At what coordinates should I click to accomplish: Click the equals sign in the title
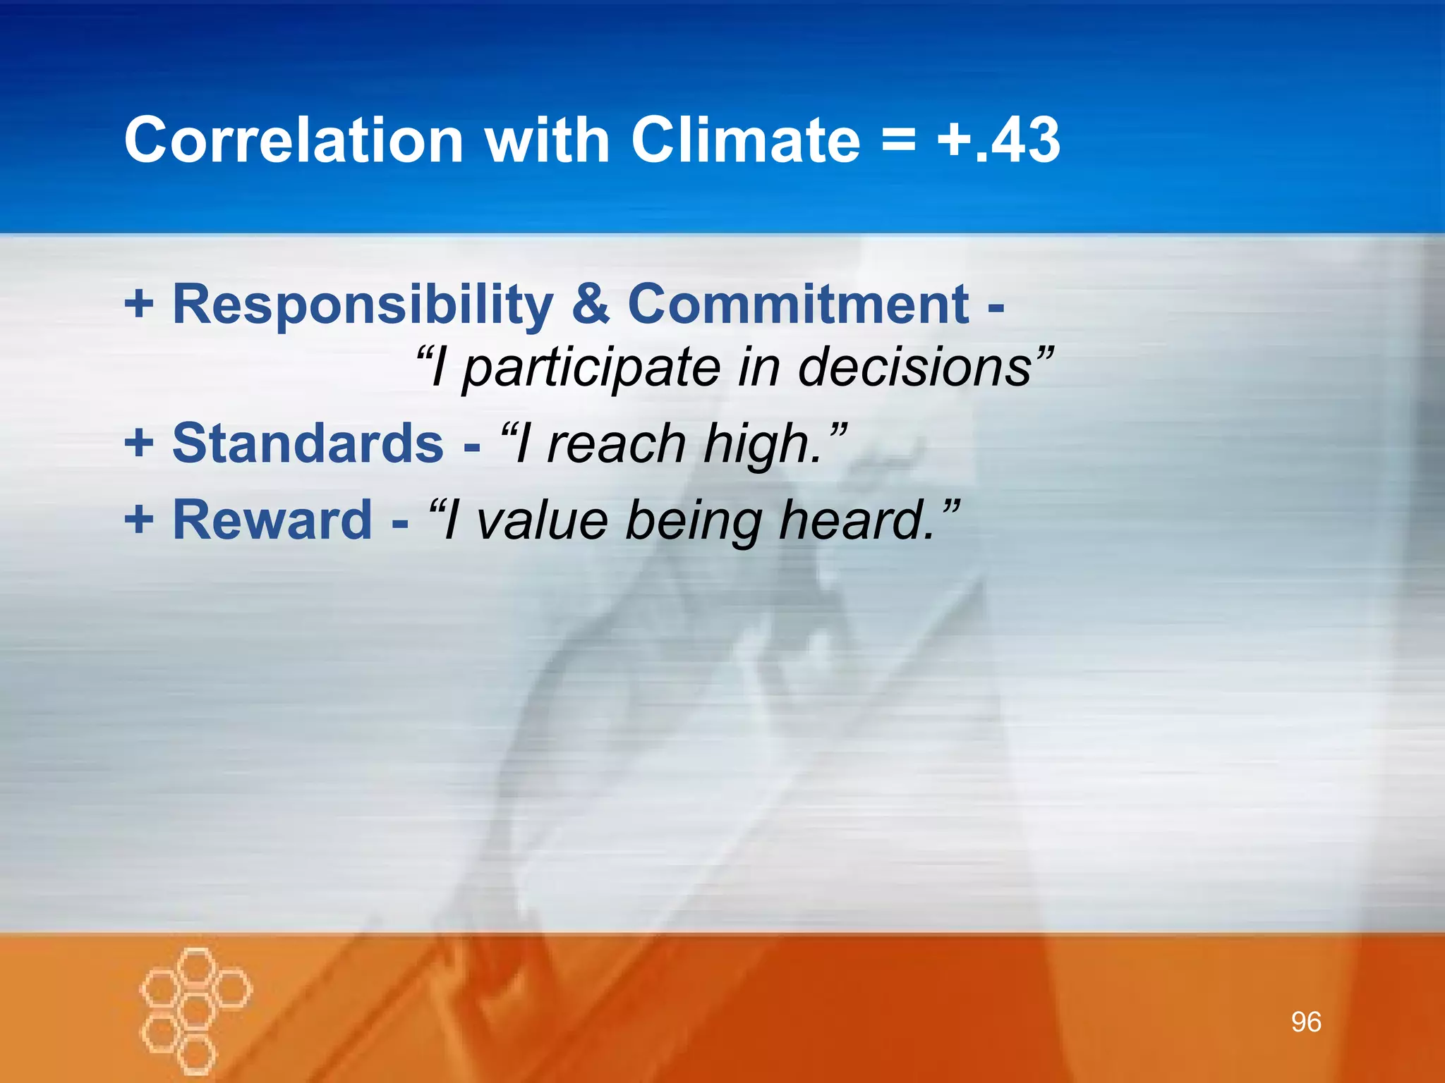[x=898, y=141]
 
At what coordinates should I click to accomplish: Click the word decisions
[x=914, y=367]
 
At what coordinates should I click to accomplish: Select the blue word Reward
[x=272, y=520]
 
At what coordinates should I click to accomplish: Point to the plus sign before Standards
[x=139, y=443]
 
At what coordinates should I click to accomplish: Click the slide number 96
[x=1305, y=1022]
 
